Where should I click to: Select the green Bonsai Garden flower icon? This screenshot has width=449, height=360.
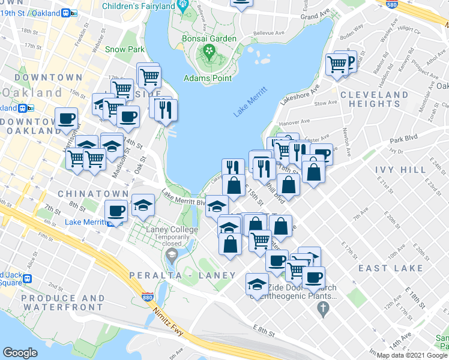209,50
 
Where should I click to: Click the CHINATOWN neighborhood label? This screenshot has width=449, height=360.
93,194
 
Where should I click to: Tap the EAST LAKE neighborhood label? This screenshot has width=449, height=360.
390,268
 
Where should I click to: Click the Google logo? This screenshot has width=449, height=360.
20,352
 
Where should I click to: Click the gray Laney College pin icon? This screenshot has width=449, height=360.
172,257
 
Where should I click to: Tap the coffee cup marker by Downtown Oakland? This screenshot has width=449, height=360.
66,118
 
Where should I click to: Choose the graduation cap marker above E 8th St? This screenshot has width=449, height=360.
257,283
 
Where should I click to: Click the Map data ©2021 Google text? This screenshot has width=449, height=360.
412,355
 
